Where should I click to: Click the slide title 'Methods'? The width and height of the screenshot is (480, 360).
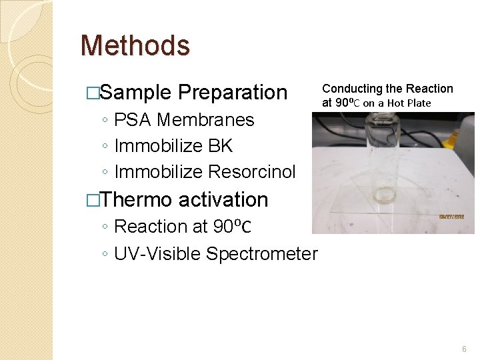[135, 46]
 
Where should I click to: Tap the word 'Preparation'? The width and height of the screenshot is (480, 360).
[233, 93]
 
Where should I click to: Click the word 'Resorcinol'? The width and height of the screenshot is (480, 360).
[251, 172]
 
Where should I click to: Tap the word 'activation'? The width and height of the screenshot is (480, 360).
[223, 199]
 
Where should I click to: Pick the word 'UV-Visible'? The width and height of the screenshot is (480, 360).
[157, 254]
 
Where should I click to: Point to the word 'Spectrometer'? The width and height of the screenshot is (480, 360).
[262, 254]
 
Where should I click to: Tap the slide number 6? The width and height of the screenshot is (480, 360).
[465, 349]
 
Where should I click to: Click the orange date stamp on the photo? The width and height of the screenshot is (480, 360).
[455, 217]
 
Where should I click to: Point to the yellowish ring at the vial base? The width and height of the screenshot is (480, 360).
[385, 199]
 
